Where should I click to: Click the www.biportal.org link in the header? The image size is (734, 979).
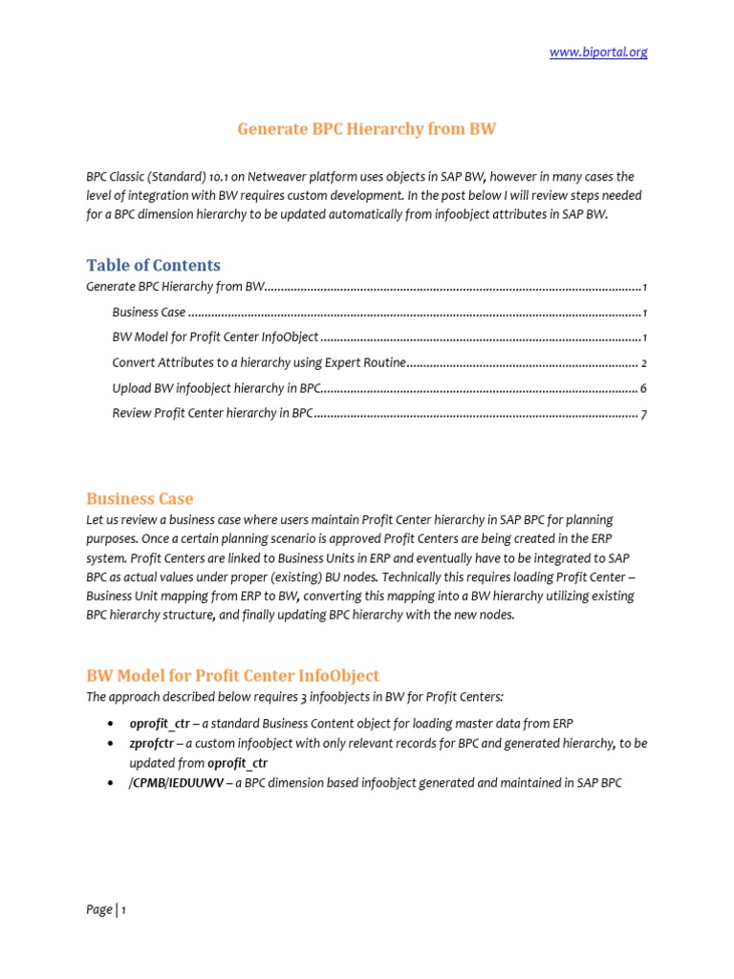598,53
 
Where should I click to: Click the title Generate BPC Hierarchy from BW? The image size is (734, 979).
366,128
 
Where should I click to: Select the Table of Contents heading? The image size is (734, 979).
153,265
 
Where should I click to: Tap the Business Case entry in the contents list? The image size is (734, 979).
148,313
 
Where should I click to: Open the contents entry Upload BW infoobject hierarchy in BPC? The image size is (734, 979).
216,388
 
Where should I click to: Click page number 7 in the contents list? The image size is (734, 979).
645,415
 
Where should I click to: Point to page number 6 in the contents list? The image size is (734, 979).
645,389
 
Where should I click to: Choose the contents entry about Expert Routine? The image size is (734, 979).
259,363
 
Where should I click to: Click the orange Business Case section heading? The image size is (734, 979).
140,498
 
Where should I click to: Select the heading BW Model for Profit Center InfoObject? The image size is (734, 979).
232,675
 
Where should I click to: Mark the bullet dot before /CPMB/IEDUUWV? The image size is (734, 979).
113,783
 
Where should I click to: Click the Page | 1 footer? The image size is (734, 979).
106,910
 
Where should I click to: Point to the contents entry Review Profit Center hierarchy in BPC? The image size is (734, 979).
212,414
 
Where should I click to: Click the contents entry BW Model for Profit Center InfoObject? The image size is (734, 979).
215,337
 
